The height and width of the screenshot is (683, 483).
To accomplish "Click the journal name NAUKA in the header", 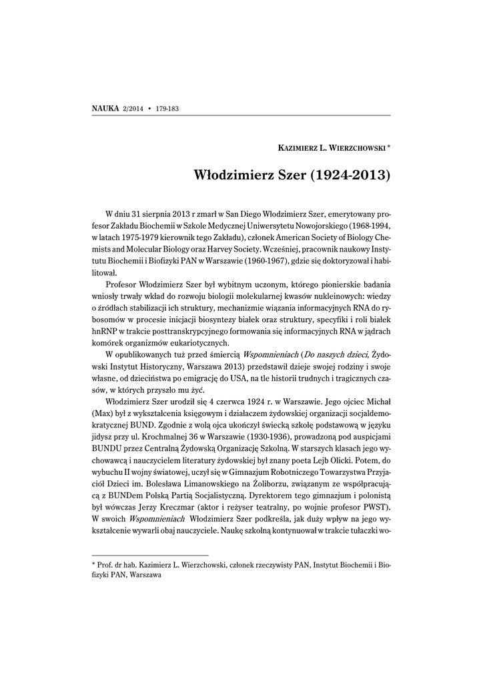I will pyautogui.click(x=105, y=107).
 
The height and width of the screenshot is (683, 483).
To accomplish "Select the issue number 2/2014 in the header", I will pyautogui.click(x=133, y=108).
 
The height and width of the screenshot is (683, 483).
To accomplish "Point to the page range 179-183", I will pyautogui.click(x=167, y=108).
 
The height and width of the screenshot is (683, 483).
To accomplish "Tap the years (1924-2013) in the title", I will pyautogui.click(x=350, y=177).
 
